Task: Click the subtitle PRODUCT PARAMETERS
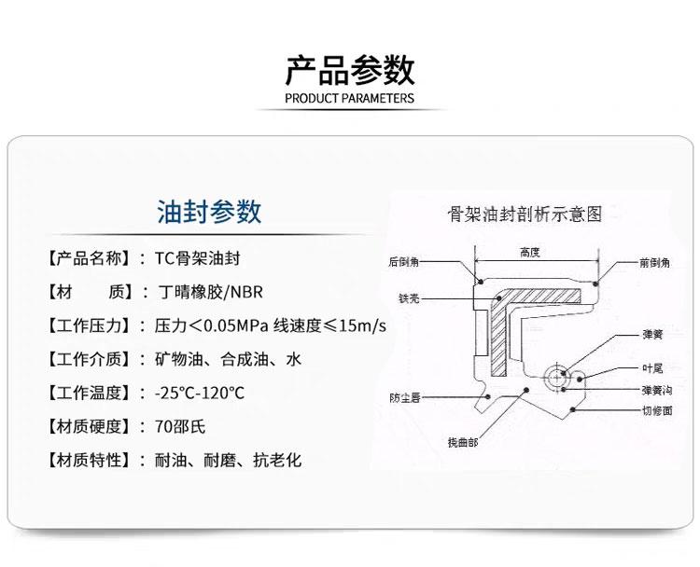(349, 96)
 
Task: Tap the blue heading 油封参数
(209, 212)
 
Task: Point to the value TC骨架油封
(190, 257)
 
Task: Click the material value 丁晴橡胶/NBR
(210, 292)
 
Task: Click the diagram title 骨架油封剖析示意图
(525, 214)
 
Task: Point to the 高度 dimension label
(531, 252)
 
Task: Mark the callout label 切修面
(656, 408)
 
